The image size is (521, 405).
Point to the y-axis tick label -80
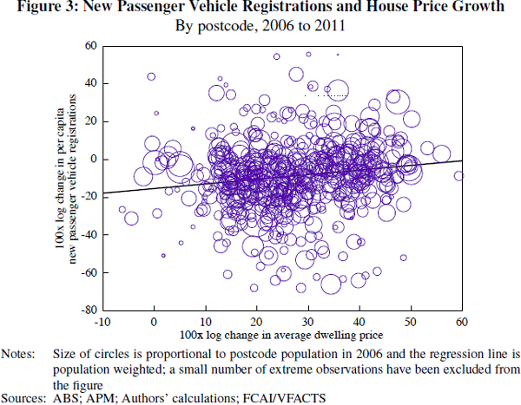[88, 309]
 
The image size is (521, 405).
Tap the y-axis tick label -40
[88, 234]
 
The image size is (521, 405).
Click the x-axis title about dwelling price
[281, 334]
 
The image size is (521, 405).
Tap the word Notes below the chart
[17, 354]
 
